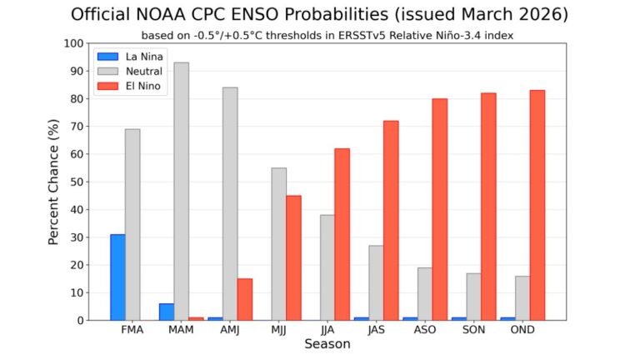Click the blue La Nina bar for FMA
click(x=117, y=277)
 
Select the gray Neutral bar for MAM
click(x=181, y=192)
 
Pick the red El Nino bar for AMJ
click(x=244, y=299)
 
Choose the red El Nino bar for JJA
click(x=342, y=234)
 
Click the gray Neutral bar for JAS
click(x=376, y=282)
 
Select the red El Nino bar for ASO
click(x=439, y=209)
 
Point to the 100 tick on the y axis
click(x=75, y=43)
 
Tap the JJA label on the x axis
click(x=327, y=331)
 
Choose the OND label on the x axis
click(x=522, y=331)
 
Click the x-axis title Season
click(x=327, y=345)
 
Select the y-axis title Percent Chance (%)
click(x=53, y=182)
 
